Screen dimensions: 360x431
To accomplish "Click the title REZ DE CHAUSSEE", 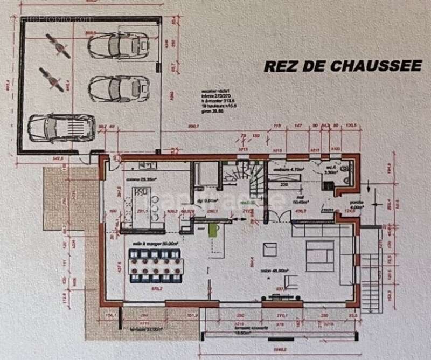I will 342,66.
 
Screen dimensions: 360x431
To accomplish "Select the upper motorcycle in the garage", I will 58,46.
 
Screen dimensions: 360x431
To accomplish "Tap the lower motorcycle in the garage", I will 51,79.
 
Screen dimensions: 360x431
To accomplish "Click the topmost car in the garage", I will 118,45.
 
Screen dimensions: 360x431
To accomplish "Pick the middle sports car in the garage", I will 119,88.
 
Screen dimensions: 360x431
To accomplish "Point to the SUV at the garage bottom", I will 61,127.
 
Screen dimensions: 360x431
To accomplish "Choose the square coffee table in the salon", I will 269,250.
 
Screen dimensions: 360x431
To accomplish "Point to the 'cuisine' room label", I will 141,178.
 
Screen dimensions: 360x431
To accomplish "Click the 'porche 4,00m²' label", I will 357,205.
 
